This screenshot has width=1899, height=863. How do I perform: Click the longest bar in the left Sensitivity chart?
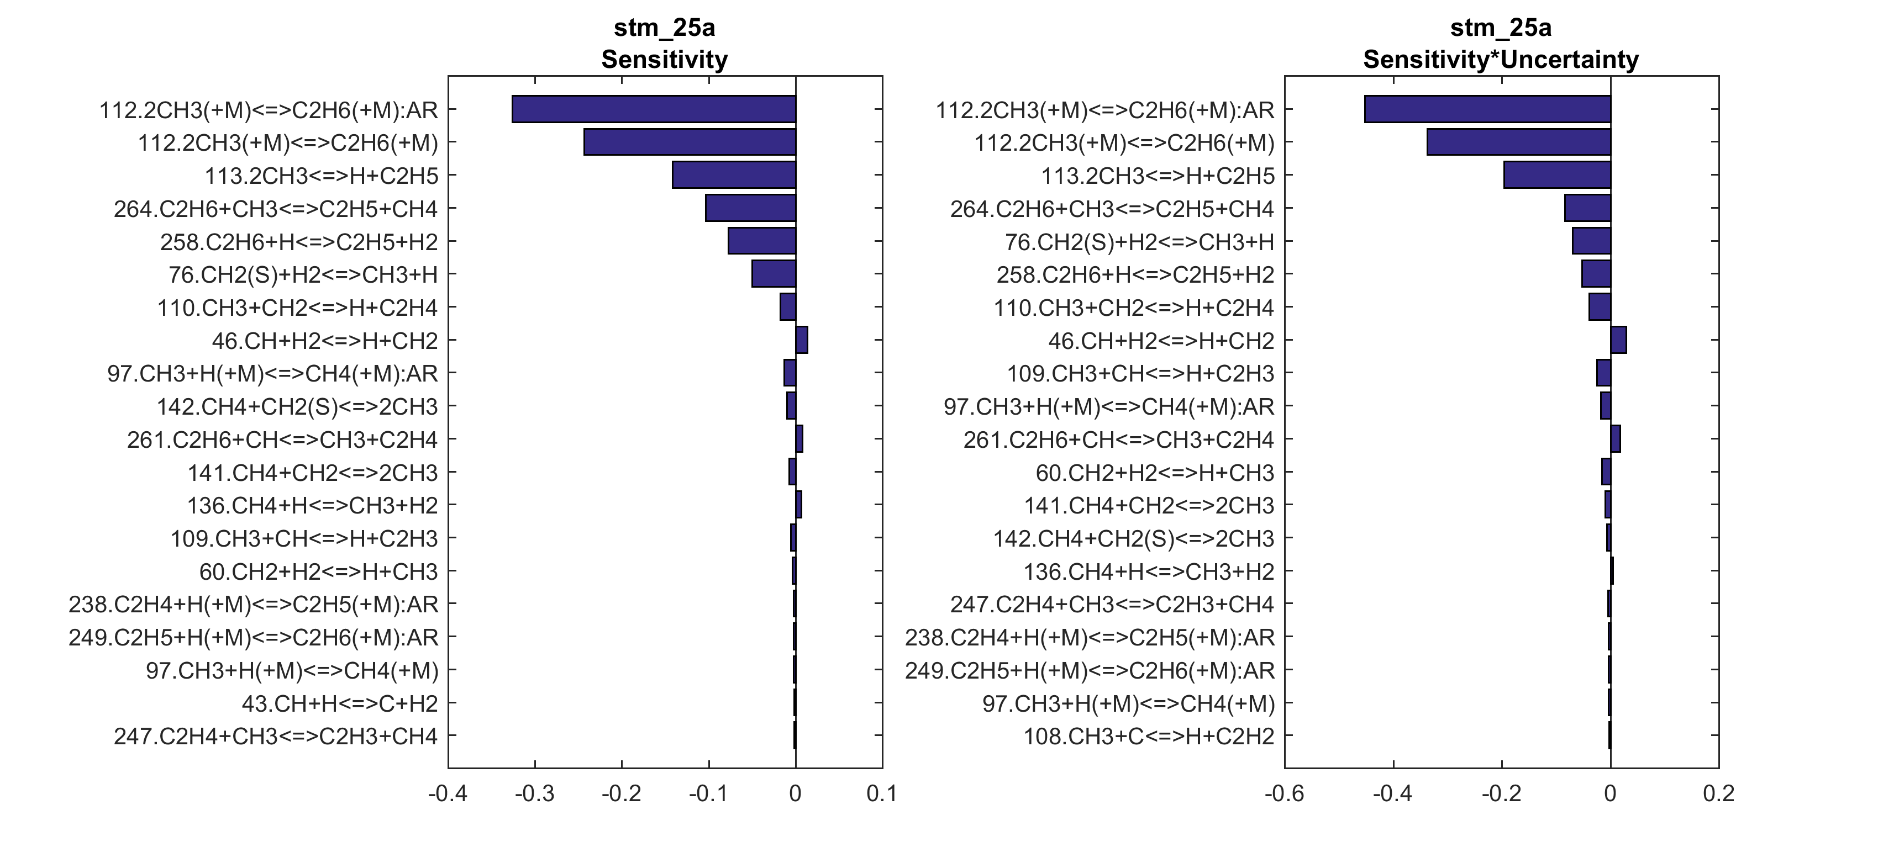(x=653, y=109)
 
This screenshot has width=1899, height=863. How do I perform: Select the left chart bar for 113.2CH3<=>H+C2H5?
(x=734, y=176)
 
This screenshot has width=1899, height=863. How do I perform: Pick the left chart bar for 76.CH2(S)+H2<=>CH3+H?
(x=774, y=274)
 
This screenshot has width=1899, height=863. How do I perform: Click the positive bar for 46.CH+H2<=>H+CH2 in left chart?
(x=801, y=341)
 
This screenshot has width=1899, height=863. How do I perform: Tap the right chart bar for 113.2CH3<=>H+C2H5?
(x=1557, y=176)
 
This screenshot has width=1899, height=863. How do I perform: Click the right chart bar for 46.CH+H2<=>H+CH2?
(x=1618, y=341)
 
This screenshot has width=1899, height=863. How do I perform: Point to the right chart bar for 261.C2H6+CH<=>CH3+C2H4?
(x=1615, y=440)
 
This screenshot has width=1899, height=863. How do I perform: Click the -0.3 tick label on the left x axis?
(x=534, y=794)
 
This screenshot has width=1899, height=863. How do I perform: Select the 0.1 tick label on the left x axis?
(x=882, y=794)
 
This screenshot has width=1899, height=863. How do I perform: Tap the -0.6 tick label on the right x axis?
(x=1284, y=794)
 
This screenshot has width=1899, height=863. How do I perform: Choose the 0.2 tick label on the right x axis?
(x=1718, y=794)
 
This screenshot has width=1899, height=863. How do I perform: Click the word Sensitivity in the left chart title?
(x=664, y=59)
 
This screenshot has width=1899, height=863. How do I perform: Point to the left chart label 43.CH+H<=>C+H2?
(x=340, y=703)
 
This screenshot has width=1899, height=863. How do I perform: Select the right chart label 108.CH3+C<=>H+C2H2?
(x=1149, y=736)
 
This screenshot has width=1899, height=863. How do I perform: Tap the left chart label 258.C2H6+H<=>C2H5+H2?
(x=298, y=242)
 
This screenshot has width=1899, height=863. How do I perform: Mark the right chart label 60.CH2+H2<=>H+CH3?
(x=1154, y=473)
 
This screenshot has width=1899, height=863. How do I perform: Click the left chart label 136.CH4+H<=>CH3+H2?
(x=313, y=506)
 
